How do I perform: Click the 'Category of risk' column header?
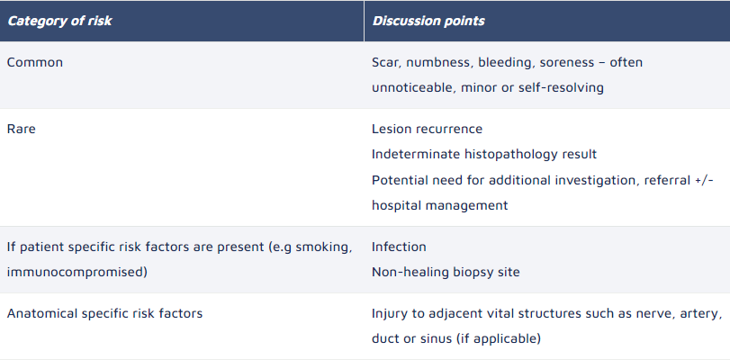(x=59, y=21)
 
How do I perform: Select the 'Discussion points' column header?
(x=428, y=21)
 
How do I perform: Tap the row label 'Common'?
(x=35, y=62)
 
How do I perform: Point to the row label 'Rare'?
(x=21, y=129)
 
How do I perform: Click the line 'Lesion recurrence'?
(x=427, y=129)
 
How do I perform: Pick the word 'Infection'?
(x=399, y=247)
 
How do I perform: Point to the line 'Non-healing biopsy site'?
(x=446, y=273)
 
